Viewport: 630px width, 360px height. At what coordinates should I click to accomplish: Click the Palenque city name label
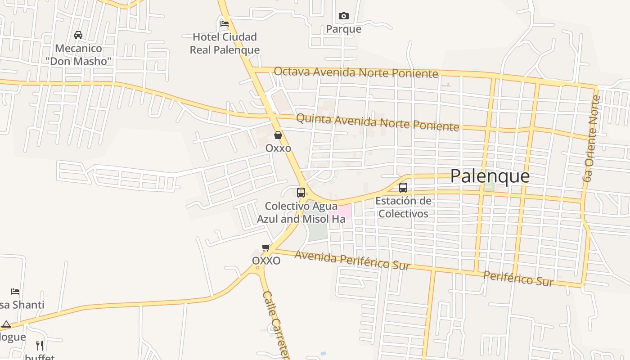pos(490,176)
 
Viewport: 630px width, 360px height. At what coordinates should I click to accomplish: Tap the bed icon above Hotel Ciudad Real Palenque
pos(224,24)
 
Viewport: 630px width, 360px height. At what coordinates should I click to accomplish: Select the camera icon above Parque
pos(344,16)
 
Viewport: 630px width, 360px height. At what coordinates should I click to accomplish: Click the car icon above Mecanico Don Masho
pos(78,35)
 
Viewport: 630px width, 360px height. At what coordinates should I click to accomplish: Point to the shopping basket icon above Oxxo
pos(278,135)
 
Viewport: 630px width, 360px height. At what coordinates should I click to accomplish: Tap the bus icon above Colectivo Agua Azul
pos(301,193)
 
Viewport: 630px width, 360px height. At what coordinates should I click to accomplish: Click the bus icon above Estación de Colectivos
pos(403,188)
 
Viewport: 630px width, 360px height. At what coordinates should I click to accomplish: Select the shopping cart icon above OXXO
pos(266,248)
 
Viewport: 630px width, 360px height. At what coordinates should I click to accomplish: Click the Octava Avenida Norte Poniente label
pos(355,72)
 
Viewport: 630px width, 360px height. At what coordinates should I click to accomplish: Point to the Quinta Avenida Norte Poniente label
pos(378,121)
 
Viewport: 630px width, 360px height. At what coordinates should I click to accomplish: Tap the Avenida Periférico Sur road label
pos(352,260)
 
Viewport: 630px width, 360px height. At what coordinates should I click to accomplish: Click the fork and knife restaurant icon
pos(40,346)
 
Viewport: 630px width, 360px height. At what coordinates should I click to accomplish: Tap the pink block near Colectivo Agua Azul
pos(341,212)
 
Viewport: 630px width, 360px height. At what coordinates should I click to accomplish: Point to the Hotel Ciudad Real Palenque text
pos(225,43)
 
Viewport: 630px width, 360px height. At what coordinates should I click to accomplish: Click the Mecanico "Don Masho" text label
pos(79,54)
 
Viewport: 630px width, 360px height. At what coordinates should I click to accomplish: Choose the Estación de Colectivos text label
pos(403,207)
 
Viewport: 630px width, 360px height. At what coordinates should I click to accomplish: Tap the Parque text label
pos(344,29)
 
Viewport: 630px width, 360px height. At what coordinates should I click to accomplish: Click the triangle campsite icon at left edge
pos(6,324)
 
